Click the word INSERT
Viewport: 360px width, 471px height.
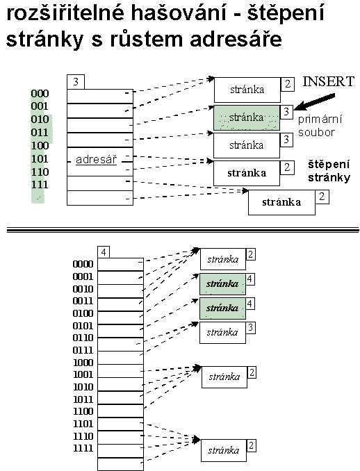point(328,82)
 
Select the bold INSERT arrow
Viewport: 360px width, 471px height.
point(314,101)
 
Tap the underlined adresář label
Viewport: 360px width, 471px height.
point(96,160)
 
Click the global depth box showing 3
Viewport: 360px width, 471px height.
point(76,82)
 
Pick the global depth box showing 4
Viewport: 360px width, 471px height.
point(104,252)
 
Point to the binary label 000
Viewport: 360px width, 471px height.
point(40,93)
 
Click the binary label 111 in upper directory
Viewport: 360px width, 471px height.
point(40,184)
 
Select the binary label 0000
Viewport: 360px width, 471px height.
point(83,264)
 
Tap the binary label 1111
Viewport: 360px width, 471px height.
point(83,448)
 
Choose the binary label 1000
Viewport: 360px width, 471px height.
point(83,363)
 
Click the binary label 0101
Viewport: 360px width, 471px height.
point(83,326)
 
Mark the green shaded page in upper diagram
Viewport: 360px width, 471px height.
point(247,118)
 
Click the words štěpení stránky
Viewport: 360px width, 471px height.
point(329,171)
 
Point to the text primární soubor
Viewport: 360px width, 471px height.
point(320,126)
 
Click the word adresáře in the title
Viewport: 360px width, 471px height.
point(236,40)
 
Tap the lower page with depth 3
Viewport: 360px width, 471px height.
point(222,333)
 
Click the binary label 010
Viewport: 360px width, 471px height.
point(40,119)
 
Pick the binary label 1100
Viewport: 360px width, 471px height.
point(83,411)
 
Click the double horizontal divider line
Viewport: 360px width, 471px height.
point(183,230)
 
